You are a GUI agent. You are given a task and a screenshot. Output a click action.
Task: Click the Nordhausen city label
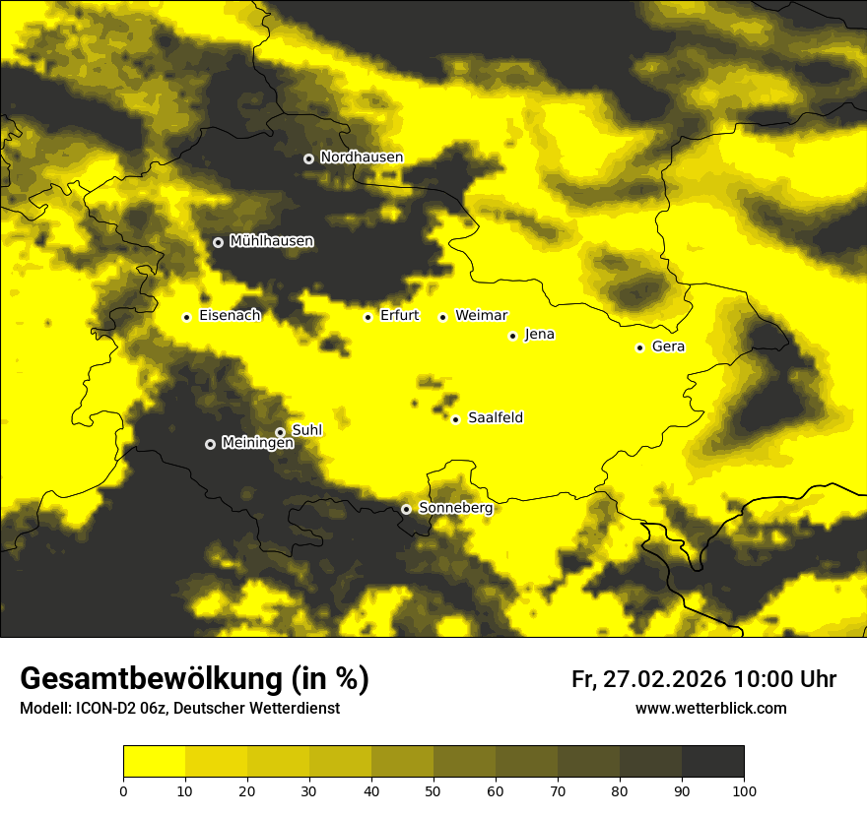(362, 157)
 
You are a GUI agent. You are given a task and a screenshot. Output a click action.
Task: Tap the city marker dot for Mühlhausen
(218, 242)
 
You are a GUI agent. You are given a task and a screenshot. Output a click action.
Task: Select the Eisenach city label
(230, 316)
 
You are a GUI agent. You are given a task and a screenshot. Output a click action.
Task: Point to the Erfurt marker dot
(367, 317)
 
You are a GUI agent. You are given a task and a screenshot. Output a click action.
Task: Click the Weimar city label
(481, 316)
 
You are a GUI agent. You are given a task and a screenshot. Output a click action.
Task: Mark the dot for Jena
(512, 336)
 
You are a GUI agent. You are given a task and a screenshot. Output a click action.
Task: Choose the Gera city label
(668, 346)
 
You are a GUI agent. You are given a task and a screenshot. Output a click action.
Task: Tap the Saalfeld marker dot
(455, 419)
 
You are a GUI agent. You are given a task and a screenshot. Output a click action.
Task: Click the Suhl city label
(307, 430)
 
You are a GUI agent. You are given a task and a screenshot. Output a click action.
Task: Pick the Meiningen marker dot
(210, 444)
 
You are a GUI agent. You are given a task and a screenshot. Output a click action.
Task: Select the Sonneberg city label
(455, 508)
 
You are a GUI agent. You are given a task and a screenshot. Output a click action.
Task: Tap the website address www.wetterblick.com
(710, 709)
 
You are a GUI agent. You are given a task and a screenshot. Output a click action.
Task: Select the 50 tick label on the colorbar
(433, 790)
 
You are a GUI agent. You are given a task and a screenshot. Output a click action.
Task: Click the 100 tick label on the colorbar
(744, 790)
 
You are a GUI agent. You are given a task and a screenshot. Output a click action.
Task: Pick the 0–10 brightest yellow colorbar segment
(154, 762)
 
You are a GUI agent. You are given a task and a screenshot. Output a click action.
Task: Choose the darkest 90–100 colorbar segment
(712, 762)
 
